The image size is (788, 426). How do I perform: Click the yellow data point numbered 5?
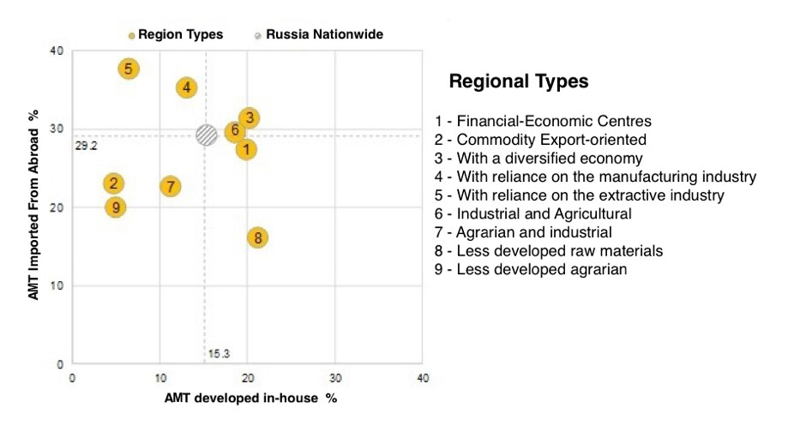pyautogui.click(x=128, y=69)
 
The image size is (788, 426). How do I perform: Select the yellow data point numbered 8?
pyautogui.click(x=257, y=237)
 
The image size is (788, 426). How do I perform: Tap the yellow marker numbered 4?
pyautogui.click(x=187, y=87)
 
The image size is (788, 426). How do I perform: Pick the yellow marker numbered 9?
pyautogui.click(x=116, y=207)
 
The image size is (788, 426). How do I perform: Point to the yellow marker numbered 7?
pyautogui.click(x=171, y=186)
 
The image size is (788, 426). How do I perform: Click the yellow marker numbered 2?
pyautogui.click(x=113, y=183)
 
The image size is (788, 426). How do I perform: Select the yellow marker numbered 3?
pyautogui.click(x=249, y=118)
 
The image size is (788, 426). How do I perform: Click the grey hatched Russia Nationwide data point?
pyautogui.click(x=206, y=135)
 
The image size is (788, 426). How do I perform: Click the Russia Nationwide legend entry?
pyautogui.click(x=318, y=34)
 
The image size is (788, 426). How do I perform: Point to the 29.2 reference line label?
pyautogui.click(x=87, y=146)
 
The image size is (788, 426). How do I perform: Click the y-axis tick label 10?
pyautogui.click(x=58, y=285)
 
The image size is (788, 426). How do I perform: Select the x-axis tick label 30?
pyautogui.click(x=335, y=378)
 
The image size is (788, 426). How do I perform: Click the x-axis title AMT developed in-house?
pyautogui.click(x=250, y=399)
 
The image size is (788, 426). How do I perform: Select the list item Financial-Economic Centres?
pyautogui.click(x=549, y=121)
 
